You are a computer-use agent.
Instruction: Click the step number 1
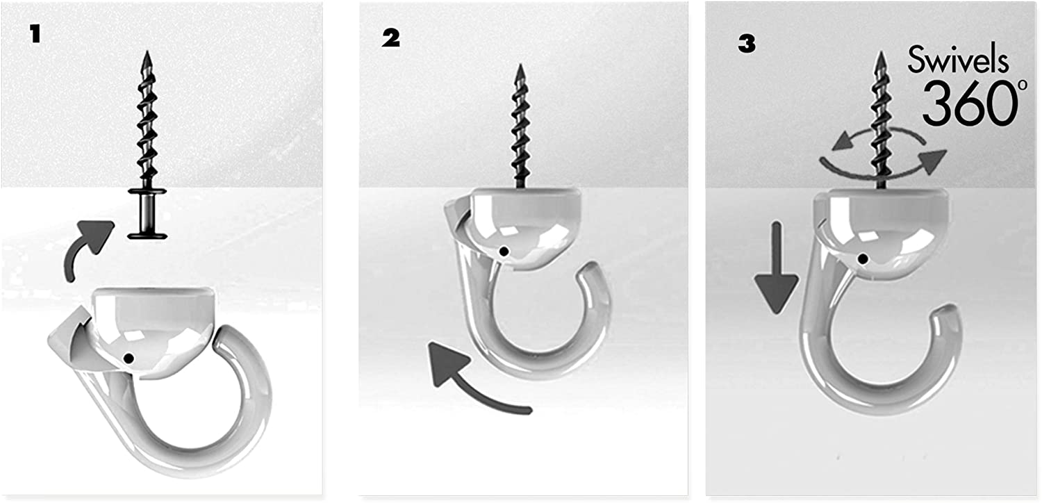(x=35, y=34)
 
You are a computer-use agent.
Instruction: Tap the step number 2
(x=390, y=38)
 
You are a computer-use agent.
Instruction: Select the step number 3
(x=747, y=44)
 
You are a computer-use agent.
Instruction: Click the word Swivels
(x=958, y=60)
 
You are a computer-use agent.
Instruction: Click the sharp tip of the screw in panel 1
(x=147, y=51)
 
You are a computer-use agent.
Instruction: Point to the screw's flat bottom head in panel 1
(x=147, y=236)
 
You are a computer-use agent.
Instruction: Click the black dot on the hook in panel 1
(x=129, y=358)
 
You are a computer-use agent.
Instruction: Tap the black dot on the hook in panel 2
(x=504, y=251)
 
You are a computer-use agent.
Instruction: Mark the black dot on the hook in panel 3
(x=863, y=258)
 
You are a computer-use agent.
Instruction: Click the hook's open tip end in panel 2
(x=589, y=272)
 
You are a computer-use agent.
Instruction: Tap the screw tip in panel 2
(x=520, y=65)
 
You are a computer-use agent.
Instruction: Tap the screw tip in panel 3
(x=881, y=52)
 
